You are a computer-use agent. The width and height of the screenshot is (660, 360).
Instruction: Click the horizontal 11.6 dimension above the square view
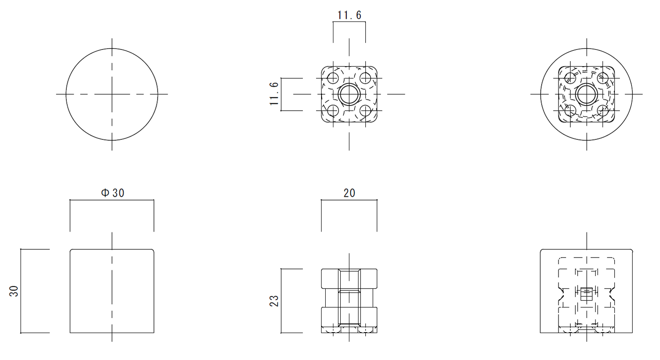349,15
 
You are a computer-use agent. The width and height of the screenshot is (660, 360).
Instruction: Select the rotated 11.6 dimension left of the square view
274,94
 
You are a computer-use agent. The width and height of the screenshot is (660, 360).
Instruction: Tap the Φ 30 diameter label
113,193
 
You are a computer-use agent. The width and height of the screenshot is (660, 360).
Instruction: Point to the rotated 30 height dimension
14,291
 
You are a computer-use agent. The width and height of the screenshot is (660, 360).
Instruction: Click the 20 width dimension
349,193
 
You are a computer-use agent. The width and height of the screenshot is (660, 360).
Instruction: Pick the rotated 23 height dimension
274,301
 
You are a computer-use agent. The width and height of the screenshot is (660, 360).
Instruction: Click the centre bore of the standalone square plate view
349,94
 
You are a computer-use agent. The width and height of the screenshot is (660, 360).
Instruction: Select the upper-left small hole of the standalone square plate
333,78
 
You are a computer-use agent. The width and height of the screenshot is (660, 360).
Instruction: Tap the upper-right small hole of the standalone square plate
365,78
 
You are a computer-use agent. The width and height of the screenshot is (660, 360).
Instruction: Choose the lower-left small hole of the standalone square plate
333,111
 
